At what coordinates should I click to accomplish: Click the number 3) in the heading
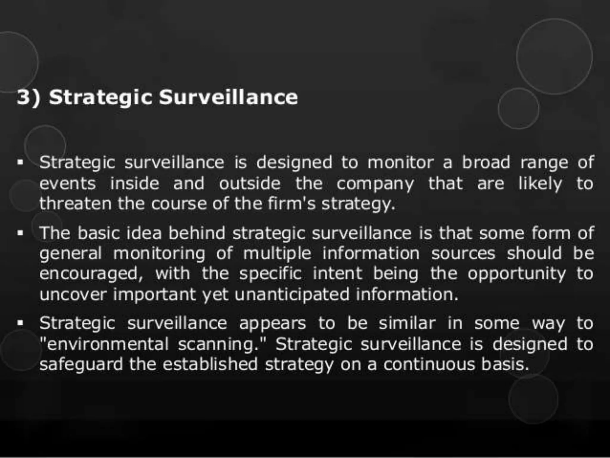pos(29,97)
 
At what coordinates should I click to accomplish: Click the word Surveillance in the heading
pos(228,97)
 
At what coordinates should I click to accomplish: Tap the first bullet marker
pos(20,163)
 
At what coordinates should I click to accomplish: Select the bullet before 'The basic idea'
pos(20,233)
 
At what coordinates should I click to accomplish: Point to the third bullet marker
pos(20,323)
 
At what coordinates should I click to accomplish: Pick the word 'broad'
pos(486,163)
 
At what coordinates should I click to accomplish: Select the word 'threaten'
pos(75,204)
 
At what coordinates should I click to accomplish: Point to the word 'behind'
pos(197,233)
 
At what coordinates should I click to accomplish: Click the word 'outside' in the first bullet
pos(250,184)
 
